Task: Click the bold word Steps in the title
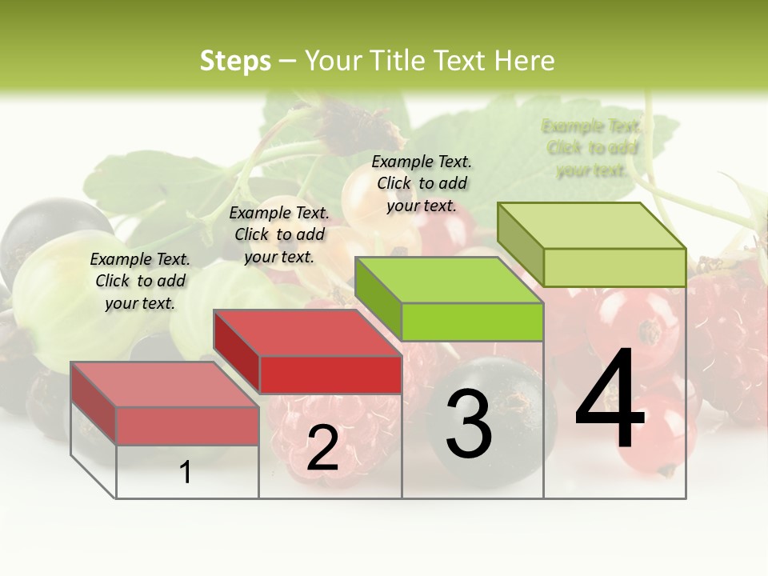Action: (x=235, y=61)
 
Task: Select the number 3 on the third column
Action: (x=469, y=425)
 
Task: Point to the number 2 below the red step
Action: (x=322, y=449)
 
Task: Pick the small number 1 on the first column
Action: (x=186, y=472)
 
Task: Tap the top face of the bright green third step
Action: (x=449, y=280)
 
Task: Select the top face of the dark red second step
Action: (x=307, y=333)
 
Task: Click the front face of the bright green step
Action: (x=472, y=322)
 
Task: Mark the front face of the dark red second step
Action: (x=330, y=374)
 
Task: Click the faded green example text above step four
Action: (x=591, y=148)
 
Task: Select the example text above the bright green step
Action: (x=422, y=183)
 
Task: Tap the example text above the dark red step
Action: (x=279, y=234)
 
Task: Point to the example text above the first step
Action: (x=140, y=281)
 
